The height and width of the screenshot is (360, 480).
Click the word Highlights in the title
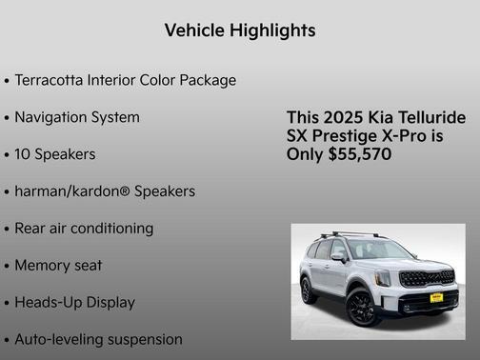(273, 30)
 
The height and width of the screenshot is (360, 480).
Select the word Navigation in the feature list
(52, 117)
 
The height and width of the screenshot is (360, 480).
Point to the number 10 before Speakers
(25, 154)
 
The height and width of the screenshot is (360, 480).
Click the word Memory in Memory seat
(43, 266)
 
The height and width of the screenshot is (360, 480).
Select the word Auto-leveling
(59, 339)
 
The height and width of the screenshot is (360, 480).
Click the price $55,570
(358, 154)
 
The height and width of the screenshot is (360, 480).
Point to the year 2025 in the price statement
(340, 117)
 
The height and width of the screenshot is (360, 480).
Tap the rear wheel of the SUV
(309, 290)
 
